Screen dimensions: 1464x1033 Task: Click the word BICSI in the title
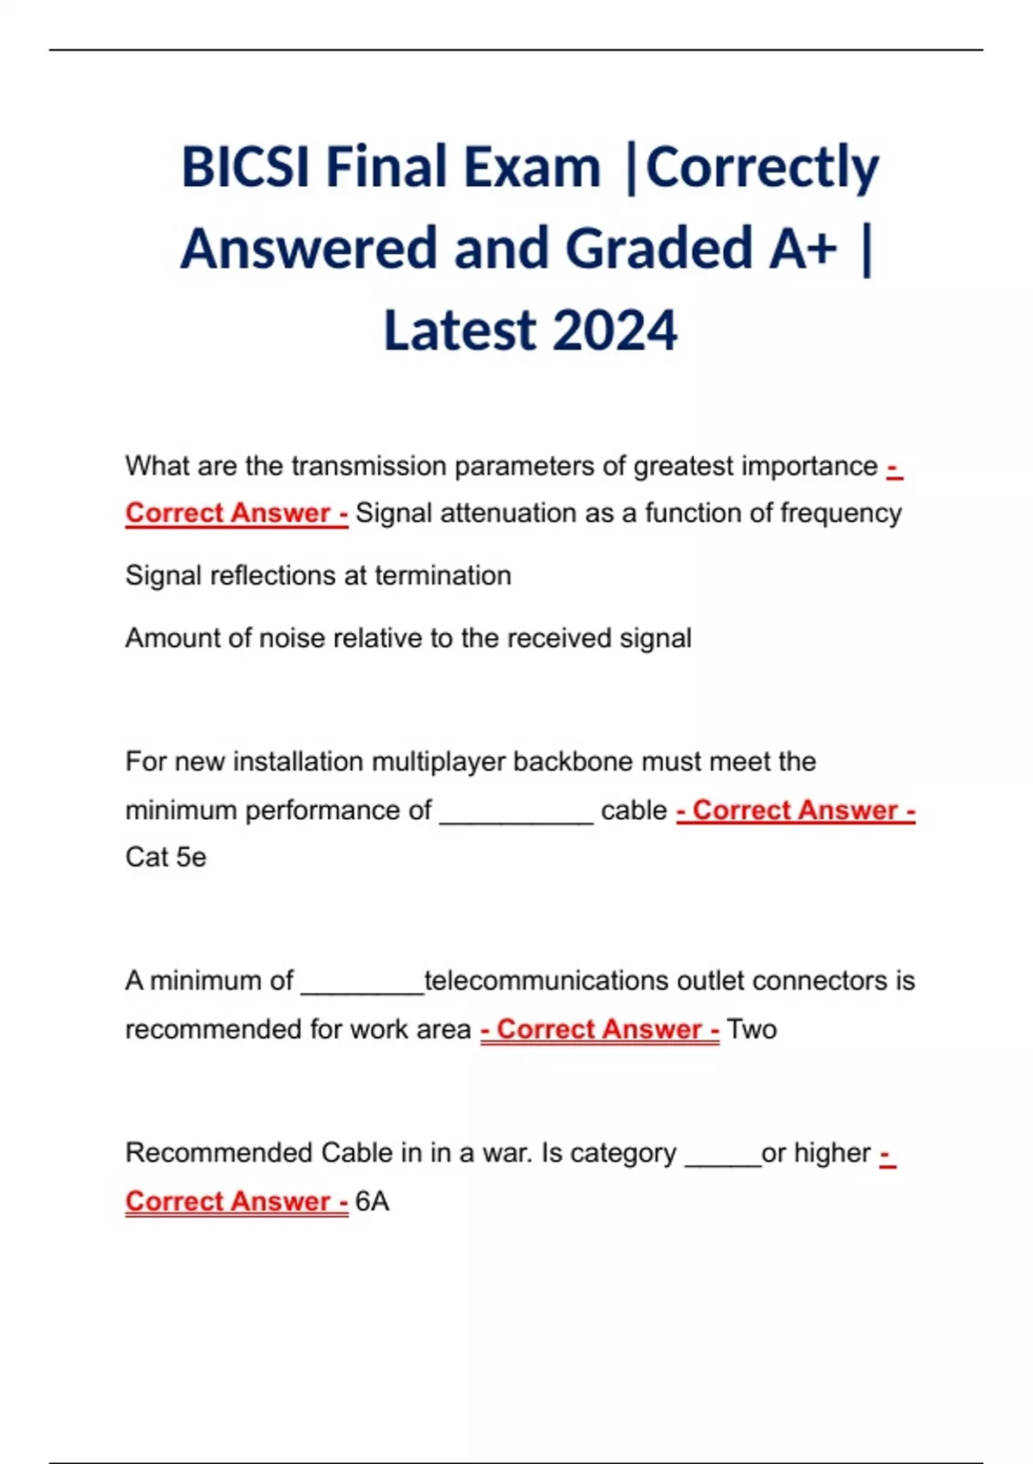[245, 167]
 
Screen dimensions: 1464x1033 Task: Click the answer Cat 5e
[165, 858]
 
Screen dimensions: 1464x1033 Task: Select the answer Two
[752, 1029]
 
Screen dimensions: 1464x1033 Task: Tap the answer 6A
[372, 1201]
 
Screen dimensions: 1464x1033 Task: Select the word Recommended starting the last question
[219, 1153]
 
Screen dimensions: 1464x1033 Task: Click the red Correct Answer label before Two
[600, 1029]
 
